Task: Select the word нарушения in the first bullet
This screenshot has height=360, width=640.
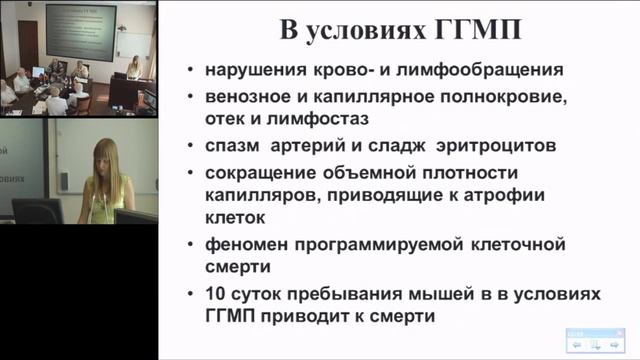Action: click(x=251, y=71)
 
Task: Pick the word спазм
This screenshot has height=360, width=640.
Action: click(x=232, y=146)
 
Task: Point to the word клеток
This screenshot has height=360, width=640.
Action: click(x=235, y=220)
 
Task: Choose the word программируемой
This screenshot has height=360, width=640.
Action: click(x=387, y=245)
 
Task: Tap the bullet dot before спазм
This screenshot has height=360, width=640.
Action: click(x=191, y=146)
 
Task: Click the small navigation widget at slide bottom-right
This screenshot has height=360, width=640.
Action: click(x=595, y=343)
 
